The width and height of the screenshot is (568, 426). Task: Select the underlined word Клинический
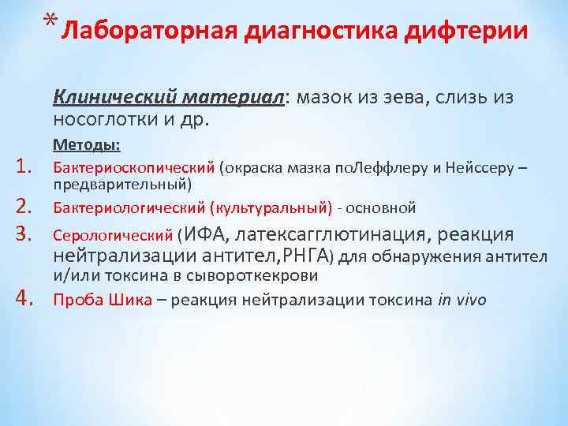pos(115,97)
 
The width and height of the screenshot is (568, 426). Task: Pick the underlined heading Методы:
pos(86,145)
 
